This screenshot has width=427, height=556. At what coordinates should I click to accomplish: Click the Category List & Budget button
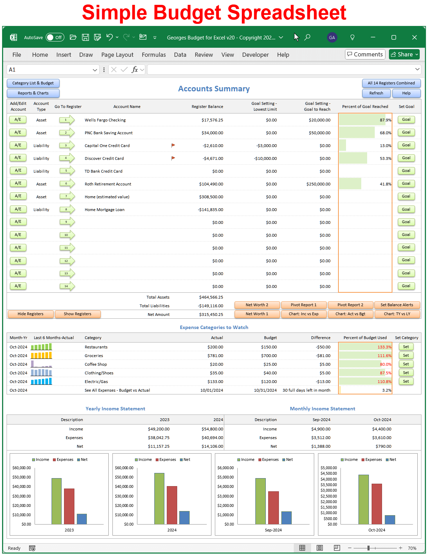pos(33,83)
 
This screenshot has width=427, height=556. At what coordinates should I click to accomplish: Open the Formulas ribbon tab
pos(154,55)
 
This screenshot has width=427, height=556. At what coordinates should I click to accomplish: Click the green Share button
pos(404,54)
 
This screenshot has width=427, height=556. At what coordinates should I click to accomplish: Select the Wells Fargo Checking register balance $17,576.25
pos(212,120)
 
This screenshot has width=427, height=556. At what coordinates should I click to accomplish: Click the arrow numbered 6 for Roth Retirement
pos(67,184)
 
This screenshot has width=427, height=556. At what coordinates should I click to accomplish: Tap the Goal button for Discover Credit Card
pos(406,158)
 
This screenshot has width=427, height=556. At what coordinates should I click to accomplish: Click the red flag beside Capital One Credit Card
pos(173,145)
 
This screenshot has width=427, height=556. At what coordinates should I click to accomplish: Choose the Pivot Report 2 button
pos(350,305)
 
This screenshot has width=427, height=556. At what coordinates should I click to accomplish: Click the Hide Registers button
pos(30,314)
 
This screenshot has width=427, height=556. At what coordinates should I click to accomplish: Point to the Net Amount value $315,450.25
pos(211,315)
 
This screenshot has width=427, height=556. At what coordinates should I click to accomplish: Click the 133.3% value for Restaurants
pos(384,347)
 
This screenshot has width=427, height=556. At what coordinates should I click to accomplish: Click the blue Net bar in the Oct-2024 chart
pos(390,520)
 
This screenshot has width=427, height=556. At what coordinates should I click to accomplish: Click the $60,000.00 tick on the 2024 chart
pos(124,468)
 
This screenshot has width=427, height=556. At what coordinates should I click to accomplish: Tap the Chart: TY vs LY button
pos(397,314)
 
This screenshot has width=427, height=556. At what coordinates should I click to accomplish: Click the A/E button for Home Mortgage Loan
pos(18,209)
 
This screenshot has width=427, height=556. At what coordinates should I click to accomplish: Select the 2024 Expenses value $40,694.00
pos(212,438)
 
